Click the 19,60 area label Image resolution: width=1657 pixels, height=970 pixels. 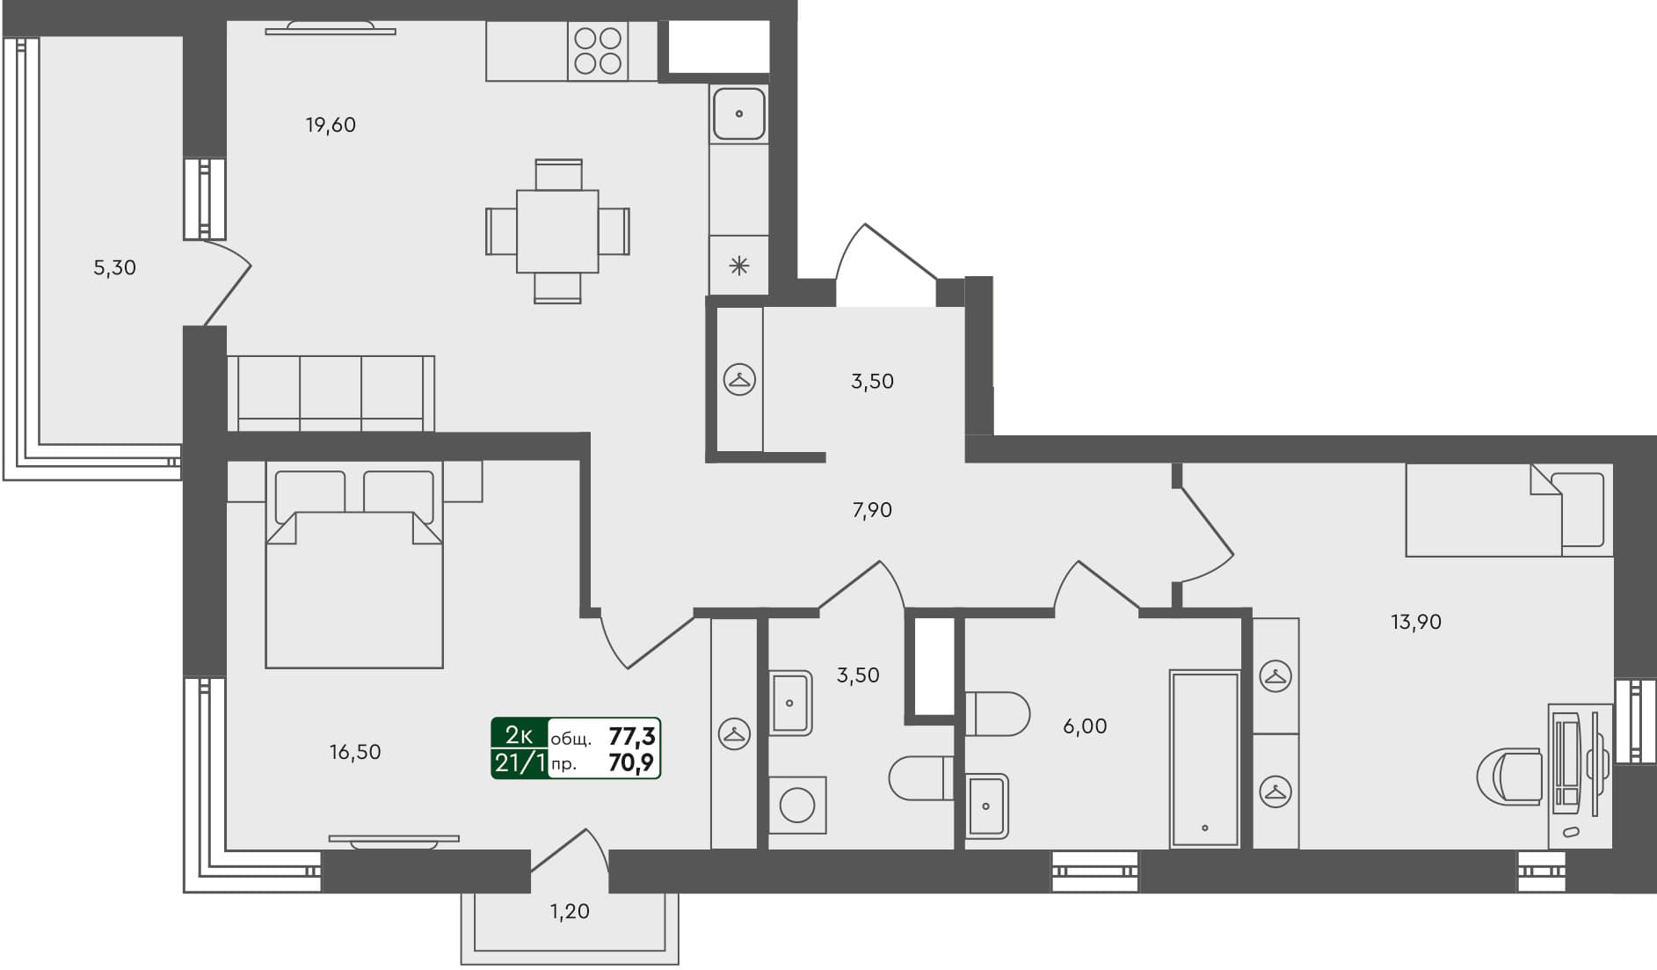(331, 125)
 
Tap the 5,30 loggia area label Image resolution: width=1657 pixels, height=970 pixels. (114, 267)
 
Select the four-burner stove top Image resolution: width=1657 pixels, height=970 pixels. (598, 51)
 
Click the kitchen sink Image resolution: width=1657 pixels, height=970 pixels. (738, 113)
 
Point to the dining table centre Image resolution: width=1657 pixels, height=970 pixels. (557, 231)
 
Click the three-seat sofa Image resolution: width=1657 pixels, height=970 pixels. (331, 392)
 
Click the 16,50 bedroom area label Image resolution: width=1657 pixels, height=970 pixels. (355, 752)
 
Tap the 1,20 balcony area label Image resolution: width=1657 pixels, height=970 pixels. (570, 912)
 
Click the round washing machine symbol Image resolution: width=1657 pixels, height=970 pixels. (797, 806)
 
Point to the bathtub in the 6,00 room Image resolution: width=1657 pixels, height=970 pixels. (1204, 759)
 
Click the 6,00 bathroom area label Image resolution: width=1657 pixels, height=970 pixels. (1085, 726)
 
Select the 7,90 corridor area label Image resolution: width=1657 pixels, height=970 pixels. (872, 510)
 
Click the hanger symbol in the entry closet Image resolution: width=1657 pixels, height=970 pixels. (739, 380)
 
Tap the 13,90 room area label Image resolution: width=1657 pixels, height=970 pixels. (1415, 623)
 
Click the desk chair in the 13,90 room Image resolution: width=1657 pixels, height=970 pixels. (1510, 777)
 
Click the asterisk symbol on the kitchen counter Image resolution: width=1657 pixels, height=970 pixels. (738, 265)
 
